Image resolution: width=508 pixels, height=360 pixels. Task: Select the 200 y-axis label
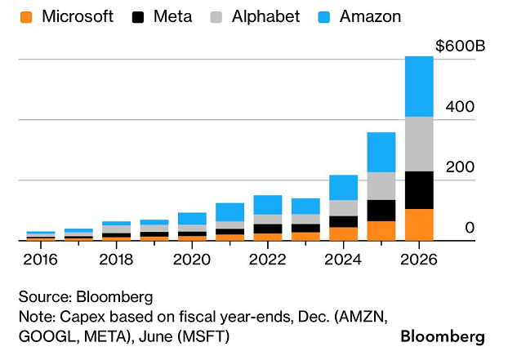tap(460, 167)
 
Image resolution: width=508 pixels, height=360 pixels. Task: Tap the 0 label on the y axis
tap(470, 227)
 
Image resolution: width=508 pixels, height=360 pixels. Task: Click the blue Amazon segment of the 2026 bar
tap(419, 87)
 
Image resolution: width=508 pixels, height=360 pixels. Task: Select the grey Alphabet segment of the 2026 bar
tap(419, 144)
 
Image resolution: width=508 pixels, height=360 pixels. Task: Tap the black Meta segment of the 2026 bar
tap(419, 189)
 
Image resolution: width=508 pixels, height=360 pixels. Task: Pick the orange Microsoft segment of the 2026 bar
tap(419, 224)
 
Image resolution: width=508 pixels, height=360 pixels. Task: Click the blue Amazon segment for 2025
tap(381, 152)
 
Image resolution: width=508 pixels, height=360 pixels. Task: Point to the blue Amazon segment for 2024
tap(343, 187)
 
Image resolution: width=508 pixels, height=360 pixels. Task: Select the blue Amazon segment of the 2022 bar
tap(268, 204)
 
